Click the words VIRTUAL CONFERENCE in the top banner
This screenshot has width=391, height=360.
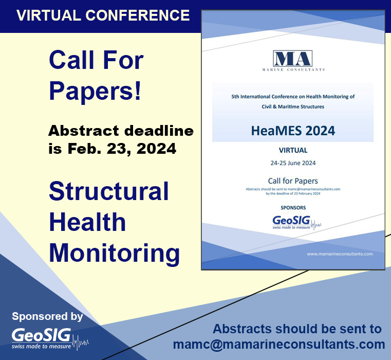pyautogui.click(x=103, y=15)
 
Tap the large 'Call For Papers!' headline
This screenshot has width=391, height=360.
pyautogui.click(x=96, y=75)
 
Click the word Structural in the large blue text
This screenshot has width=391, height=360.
pyautogui.click(x=109, y=192)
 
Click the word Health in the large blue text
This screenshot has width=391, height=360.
pyautogui.click(x=87, y=223)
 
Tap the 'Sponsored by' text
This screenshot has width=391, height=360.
pyautogui.click(x=47, y=316)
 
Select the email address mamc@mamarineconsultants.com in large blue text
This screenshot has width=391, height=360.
pyautogui.click(x=279, y=344)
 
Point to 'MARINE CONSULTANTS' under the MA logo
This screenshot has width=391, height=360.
pyautogui.click(x=292, y=69)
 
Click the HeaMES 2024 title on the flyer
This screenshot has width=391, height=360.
pyautogui.click(x=293, y=130)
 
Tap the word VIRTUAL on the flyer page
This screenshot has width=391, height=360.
pyautogui.click(x=293, y=151)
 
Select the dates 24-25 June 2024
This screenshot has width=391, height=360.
pyautogui.click(x=293, y=163)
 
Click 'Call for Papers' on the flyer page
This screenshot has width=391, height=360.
pyautogui.click(x=293, y=181)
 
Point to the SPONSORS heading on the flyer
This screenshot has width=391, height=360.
pyautogui.click(x=293, y=208)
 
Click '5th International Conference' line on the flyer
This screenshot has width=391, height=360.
pyautogui.click(x=293, y=96)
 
